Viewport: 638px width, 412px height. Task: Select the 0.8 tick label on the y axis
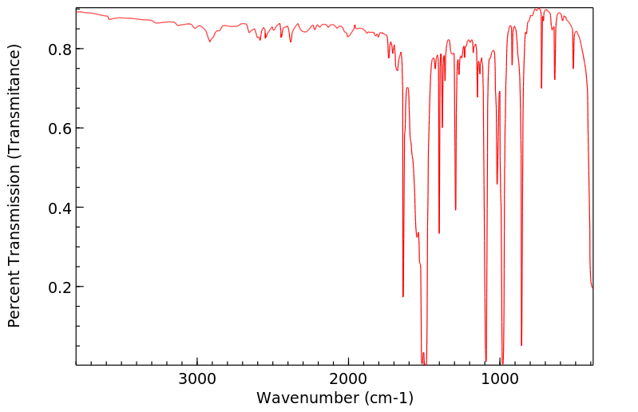click(x=61, y=50)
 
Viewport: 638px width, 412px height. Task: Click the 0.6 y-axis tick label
click(x=61, y=129)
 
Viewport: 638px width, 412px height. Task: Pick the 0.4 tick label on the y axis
click(x=61, y=208)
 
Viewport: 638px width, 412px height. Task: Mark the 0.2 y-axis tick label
click(x=61, y=287)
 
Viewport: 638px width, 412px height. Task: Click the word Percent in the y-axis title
click(x=14, y=299)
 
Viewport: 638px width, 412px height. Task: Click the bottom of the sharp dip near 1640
click(x=403, y=296)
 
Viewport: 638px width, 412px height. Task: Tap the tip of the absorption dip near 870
click(x=521, y=345)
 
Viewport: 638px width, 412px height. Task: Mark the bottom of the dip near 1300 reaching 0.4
click(x=455, y=210)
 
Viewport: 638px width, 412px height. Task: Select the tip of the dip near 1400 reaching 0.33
click(x=439, y=233)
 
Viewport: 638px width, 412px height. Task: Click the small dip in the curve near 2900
click(x=210, y=42)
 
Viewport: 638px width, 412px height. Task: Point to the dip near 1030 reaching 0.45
click(x=497, y=184)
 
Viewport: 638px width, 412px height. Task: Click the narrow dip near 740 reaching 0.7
click(x=541, y=88)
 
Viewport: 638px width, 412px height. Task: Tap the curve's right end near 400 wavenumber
click(x=592, y=288)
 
